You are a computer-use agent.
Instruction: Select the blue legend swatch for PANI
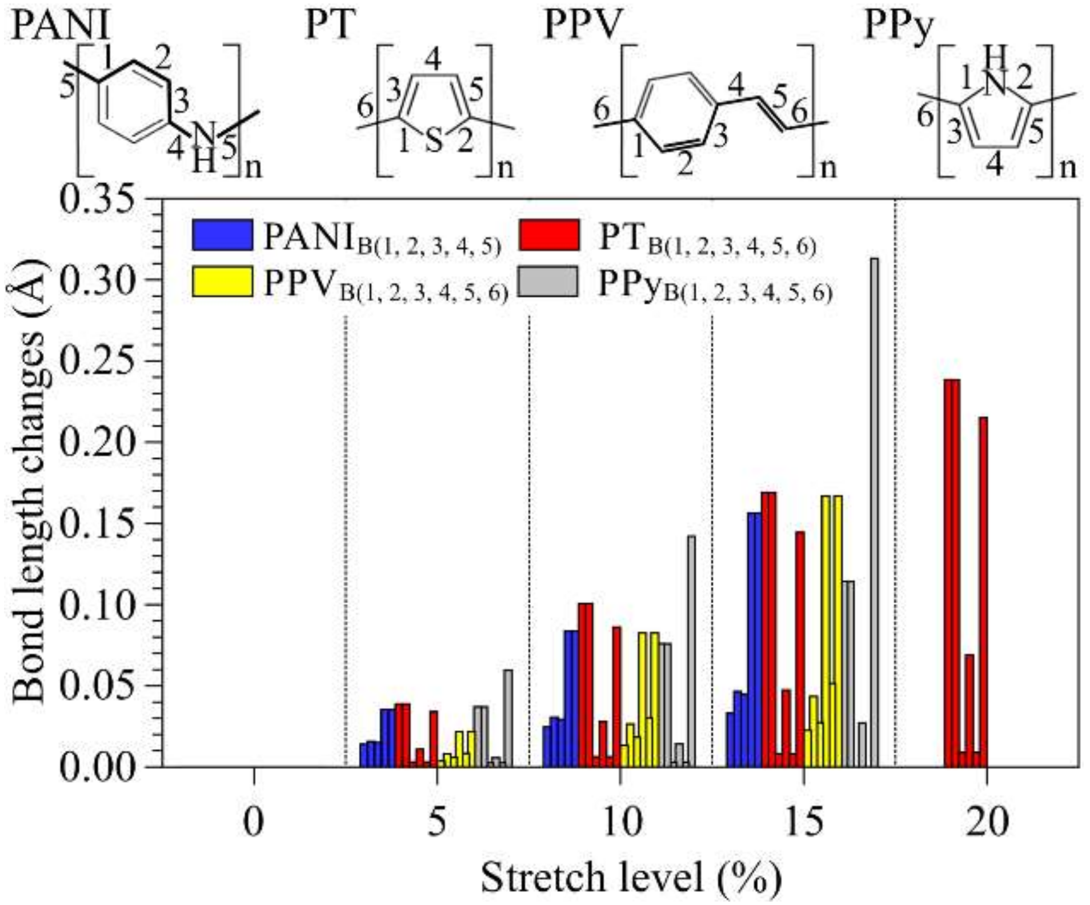click(222, 235)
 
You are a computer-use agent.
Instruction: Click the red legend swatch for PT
click(549, 235)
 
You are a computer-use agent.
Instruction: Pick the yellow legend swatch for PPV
click(222, 282)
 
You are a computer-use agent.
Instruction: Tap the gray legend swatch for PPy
click(549, 282)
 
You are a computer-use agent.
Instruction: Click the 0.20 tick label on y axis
click(98, 442)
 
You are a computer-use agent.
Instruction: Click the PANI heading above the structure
click(60, 26)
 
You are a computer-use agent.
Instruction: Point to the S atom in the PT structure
click(434, 141)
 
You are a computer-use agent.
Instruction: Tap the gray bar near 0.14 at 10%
click(691, 651)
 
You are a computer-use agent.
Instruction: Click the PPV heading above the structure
click(582, 26)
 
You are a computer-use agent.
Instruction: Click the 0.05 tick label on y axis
click(98, 685)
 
